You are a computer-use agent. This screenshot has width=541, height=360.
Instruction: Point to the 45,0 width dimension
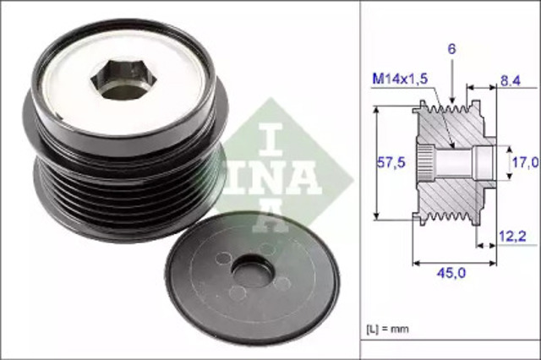(451, 272)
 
